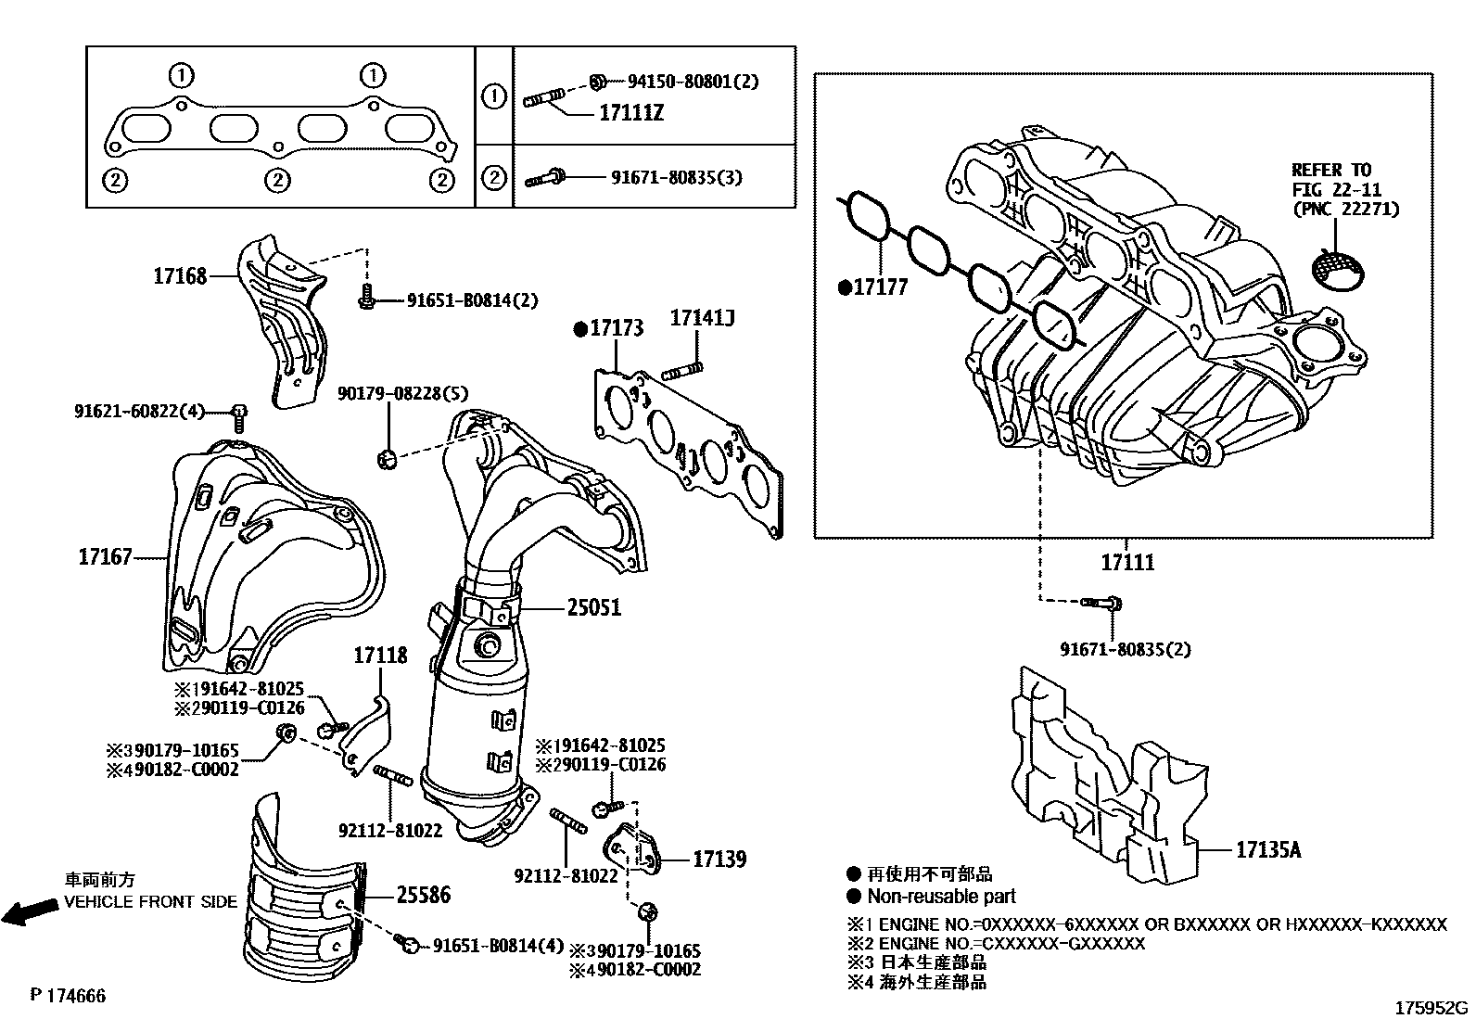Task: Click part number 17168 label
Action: (180, 275)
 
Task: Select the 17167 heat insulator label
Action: (105, 557)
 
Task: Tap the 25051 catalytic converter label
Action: (593, 608)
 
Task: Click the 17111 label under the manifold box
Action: (1127, 562)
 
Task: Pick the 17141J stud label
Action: (702, 319)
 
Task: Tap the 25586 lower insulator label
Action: (424, 895)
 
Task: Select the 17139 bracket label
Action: (719, 860)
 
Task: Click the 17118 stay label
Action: (379, 656)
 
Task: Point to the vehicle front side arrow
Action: (28, 912)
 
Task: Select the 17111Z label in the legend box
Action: (631, 114)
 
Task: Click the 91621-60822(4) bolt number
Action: (139, 410)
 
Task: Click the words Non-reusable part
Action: (941, 897)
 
